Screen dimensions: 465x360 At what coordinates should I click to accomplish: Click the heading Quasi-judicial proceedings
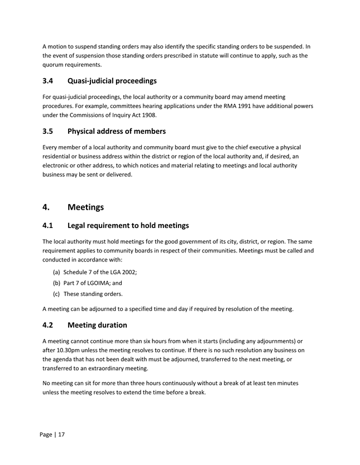tap(112, 81)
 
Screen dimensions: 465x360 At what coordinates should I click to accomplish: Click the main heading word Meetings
tap(85, 207)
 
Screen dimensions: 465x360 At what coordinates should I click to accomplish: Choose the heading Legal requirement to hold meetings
tap(128, 226)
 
